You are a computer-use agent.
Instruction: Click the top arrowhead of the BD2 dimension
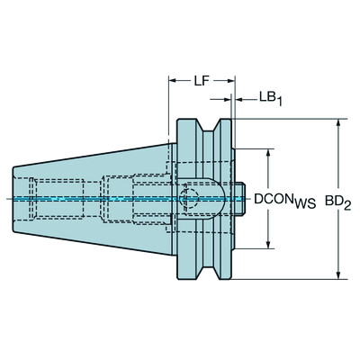[x=337, y=123]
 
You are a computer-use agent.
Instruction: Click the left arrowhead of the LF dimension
[x=172, y=96]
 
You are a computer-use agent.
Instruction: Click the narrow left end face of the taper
[x=15, y=198]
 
